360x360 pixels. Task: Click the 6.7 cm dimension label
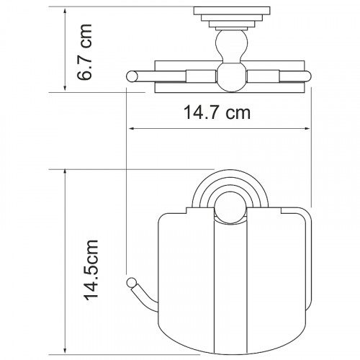point(85,52)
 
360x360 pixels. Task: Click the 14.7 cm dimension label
point(217,112)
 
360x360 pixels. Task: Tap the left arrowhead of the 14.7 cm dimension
point(132,129)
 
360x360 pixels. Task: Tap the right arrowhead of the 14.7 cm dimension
point(307,129)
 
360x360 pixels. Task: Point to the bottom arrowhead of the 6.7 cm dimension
point(65,88)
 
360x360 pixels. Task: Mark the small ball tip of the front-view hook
point(131,282)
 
